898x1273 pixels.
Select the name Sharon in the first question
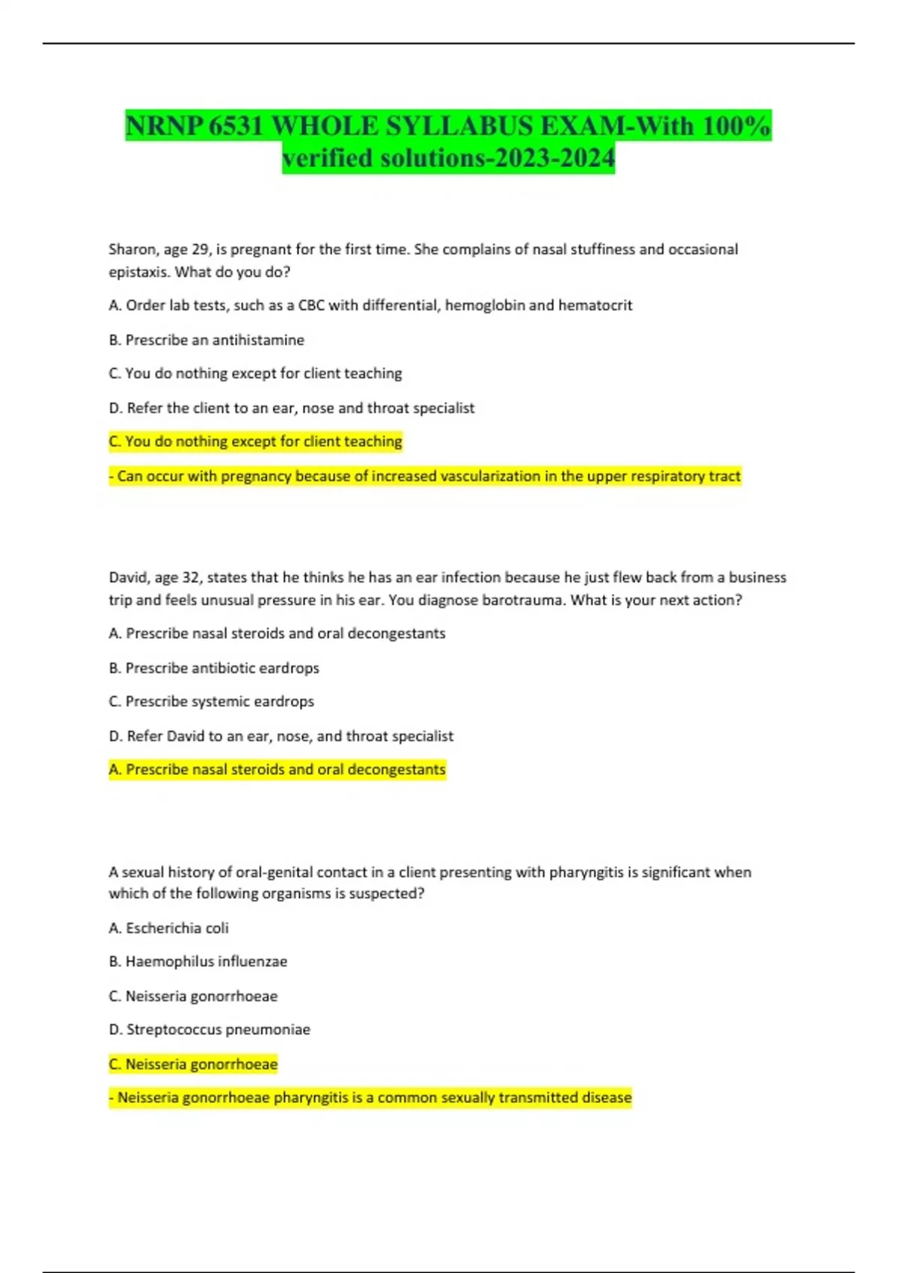point(131,249)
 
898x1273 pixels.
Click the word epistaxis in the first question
point(138,272)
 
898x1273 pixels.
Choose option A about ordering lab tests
point(370,306)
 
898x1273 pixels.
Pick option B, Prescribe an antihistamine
point(207,340)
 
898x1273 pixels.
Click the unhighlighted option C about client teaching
point(255,374)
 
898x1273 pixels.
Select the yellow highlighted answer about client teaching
point(255,442)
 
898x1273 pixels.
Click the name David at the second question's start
point(129,577)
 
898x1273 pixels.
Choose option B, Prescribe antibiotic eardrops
point(214,668)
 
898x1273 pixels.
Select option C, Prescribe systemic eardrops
point(211,702)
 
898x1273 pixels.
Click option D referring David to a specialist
point(281,736)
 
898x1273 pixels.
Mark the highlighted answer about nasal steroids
point(277,770)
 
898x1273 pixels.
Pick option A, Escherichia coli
point(168,929)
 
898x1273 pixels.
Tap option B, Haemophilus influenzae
point(198,961)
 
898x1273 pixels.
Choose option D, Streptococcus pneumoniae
point(209,1030)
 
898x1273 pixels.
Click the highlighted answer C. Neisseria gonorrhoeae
point(193,1064)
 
